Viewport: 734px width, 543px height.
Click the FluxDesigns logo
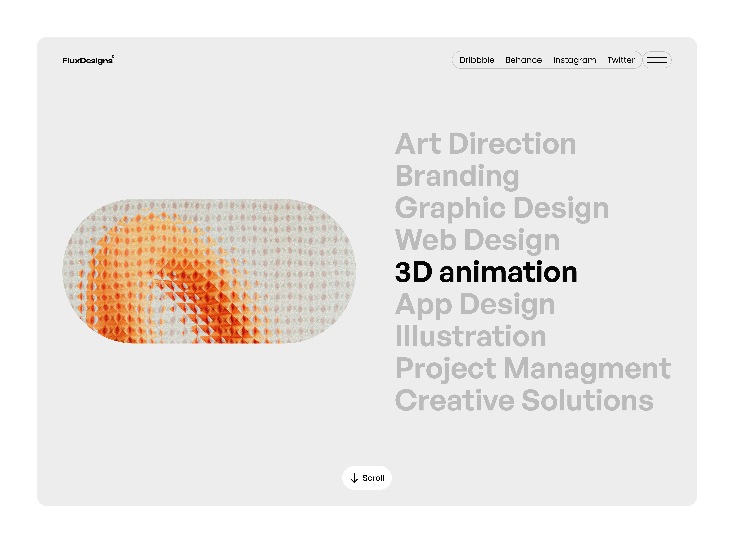87,60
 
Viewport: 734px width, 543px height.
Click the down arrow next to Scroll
354,478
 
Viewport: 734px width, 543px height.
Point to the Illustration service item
471,336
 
